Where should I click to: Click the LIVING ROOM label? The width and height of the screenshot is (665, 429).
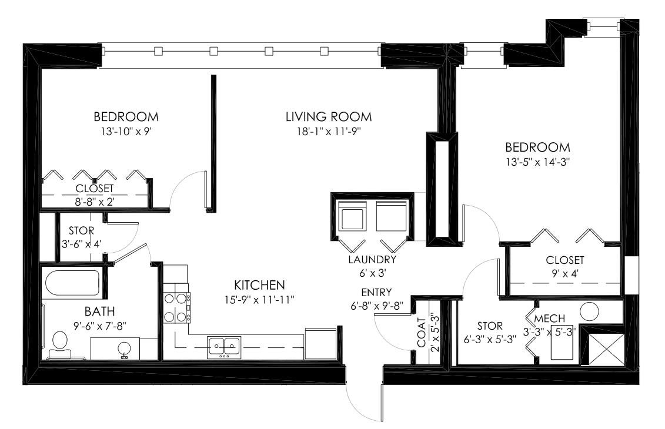click(329, 116)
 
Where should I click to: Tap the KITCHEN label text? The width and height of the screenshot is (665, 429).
click(259, 285)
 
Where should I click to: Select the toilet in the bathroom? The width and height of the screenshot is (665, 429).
click(59, 344)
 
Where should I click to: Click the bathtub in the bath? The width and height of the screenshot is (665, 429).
click(71, 283)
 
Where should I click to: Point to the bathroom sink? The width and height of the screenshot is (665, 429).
click(124, 348)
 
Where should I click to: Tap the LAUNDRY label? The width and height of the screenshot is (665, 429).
click(372, 259)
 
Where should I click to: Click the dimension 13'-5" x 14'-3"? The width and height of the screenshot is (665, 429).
click(536, 162)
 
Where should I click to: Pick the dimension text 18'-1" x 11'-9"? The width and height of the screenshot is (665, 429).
click(329, 132)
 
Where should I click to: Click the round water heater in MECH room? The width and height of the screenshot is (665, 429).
click(589, 310)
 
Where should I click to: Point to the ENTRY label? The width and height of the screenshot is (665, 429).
click(377, 292)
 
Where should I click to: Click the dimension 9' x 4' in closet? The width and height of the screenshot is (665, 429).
click(564, 274)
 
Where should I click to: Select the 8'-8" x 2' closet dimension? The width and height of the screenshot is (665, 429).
click(95, 202)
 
